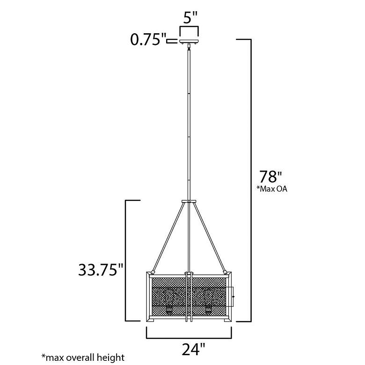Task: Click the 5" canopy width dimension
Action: (x=190, y=19)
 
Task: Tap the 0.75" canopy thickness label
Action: (x=148, y=40)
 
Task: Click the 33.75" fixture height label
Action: (x=101, y=270)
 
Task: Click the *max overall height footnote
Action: (x=83, y=358)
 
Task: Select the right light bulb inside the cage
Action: (x=208, y=299)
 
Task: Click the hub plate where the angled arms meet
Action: (x=189, y=201)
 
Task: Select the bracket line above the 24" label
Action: (x=189, y=337)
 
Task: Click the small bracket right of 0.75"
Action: (x=172, y=41)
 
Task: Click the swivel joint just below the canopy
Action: (x=189, y=47)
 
